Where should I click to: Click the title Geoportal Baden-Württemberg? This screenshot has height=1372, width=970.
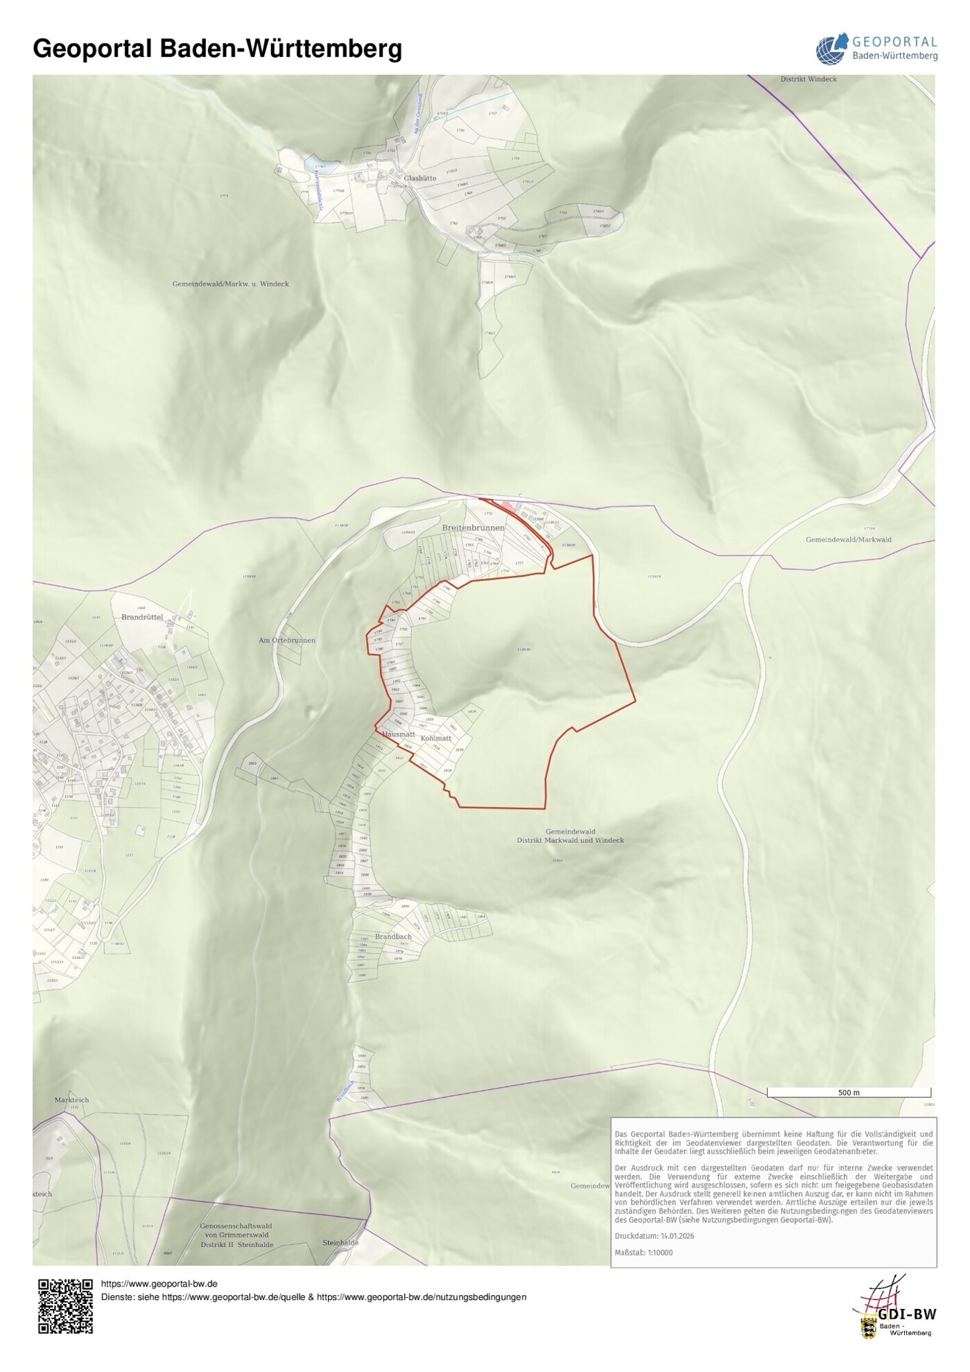217,49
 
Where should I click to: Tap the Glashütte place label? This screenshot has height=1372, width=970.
420,178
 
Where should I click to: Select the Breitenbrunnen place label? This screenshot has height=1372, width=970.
474,528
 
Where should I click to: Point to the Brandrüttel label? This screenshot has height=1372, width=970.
142,617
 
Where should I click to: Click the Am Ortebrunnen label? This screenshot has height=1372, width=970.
287,641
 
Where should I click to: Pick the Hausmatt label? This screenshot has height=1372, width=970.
399,734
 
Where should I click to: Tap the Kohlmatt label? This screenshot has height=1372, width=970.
436,738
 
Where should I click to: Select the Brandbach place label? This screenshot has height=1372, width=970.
393,937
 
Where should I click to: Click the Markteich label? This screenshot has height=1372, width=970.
71,1100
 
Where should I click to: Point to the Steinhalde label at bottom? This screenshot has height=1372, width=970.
340,1243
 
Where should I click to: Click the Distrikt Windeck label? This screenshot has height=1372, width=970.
808,79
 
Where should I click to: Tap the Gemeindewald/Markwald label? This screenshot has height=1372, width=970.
849,539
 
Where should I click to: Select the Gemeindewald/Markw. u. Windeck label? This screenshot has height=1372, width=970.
231,284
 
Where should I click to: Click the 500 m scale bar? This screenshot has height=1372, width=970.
849,1093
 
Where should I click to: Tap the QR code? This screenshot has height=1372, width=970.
65,1307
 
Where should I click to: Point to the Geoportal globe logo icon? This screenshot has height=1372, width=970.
831,49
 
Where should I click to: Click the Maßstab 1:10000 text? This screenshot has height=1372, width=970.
643,1253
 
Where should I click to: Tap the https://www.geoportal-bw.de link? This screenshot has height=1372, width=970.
159,1284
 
